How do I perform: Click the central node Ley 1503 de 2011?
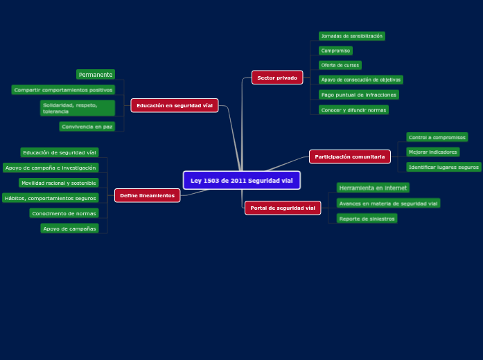tap(241, 181)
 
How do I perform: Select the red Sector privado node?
tap(277, 78)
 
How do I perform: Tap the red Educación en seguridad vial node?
tap(175, 105)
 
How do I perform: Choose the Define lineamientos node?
tap(147, 195)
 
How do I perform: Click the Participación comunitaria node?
tap(349, 156)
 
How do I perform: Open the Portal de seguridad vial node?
tap(283, 208)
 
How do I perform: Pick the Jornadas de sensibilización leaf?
tap(351, 36)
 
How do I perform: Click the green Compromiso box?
tap(335, 51)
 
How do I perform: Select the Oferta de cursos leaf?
tap(340, 65)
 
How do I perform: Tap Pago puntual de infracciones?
tap(358, 95)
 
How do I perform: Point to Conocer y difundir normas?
tap(353, 110)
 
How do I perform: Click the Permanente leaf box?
tap(96, 75)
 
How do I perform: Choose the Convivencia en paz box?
tap(87, 127)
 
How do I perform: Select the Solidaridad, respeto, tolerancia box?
tap(77, 108)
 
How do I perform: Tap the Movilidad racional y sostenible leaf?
tap(58, 183)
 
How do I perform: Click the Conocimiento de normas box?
tap(64, 213)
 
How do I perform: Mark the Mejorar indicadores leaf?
tap(432, 152)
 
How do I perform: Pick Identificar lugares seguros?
tap(444, 167)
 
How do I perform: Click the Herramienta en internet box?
tap(373, 188)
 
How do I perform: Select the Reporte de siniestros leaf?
tap(367, 219)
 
